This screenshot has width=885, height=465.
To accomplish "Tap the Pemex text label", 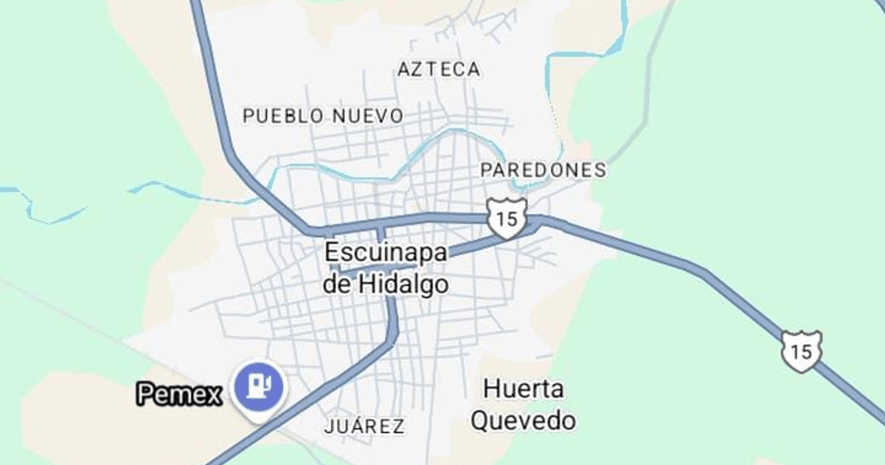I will [180, 394].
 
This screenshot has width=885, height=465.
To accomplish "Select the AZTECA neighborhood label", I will [439, 69].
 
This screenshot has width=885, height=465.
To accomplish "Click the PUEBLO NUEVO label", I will [323, 116].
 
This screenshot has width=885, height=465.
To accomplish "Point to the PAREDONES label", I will [543, 170].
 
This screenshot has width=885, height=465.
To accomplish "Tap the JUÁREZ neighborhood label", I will [364, 426].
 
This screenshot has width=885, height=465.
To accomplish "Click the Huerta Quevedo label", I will [524, 404].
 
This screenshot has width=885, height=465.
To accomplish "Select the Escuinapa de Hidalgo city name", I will [386, 268].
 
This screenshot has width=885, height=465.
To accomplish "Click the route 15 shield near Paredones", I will [506, 218].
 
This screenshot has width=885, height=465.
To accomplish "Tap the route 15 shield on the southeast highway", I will [802, 351].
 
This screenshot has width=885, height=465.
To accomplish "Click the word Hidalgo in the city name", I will [403, 284].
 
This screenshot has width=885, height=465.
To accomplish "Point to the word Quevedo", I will [524, 421].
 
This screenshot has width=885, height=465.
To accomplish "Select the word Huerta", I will [524, 388].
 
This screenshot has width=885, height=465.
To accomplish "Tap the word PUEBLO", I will [283, 116].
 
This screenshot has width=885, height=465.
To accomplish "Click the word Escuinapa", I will [386, 252].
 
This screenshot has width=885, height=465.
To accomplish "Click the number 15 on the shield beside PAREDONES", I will [506, 218].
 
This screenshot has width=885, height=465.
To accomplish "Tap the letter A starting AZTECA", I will [403, 69].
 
